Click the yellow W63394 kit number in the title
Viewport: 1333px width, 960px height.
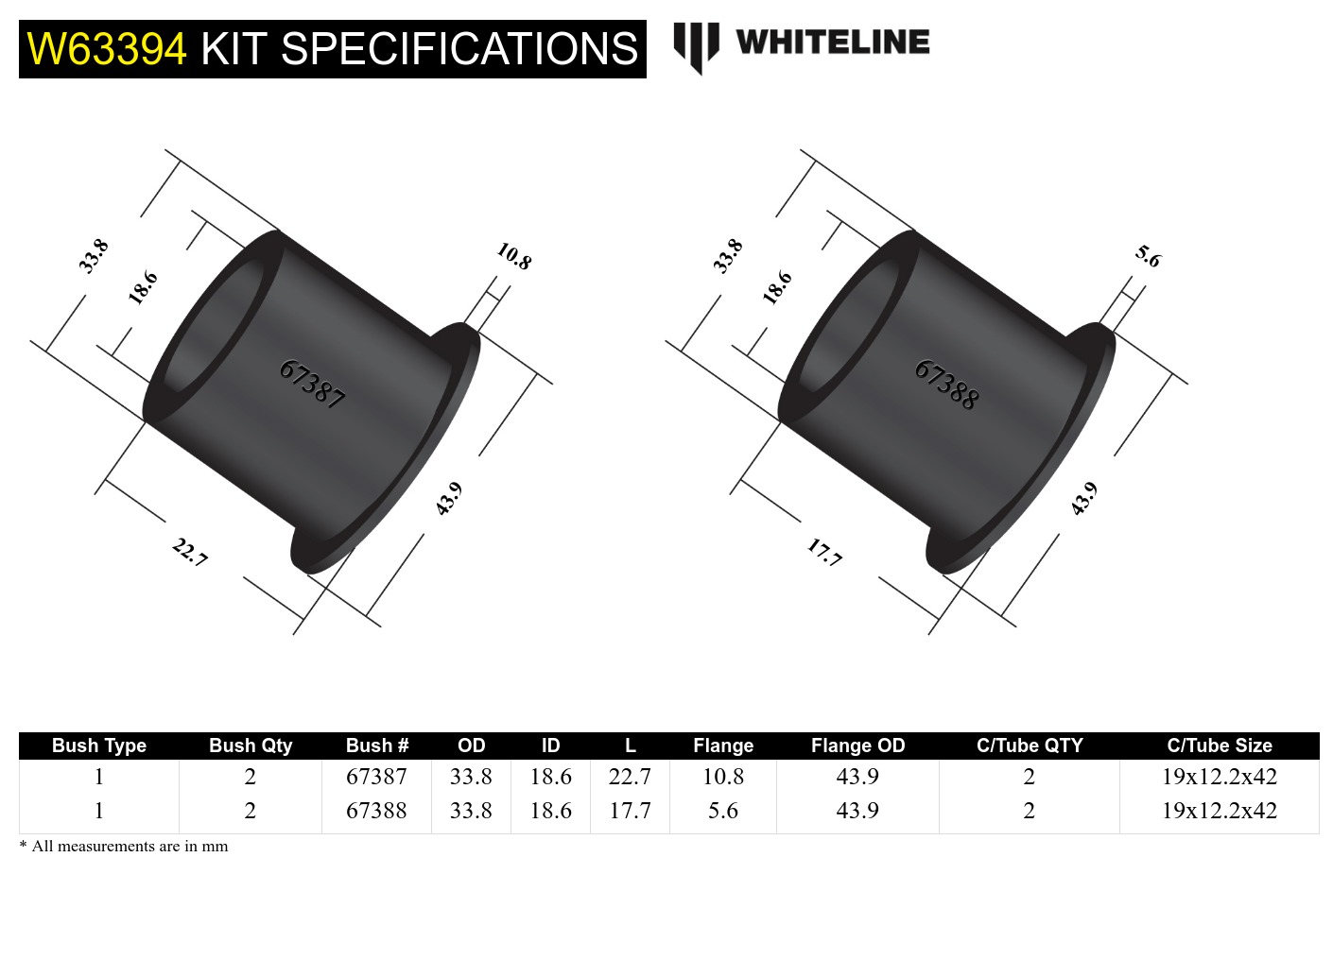pos(107,49)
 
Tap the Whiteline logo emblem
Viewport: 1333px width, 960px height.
pos(696,45)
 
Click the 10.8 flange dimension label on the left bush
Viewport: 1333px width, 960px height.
pos(514,256)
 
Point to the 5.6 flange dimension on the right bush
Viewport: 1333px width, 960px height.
pos(1148,256)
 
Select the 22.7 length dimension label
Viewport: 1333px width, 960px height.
pos(190,552)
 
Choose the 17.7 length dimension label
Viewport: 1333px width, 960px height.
pos(824,552)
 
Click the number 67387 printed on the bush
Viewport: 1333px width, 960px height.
pos(312,384)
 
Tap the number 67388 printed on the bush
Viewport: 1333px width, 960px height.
pos(946,385)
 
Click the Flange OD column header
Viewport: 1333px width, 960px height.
pos(857,746)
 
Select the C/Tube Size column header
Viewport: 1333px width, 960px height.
pos(1219,746)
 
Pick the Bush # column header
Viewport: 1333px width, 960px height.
pos(376,746)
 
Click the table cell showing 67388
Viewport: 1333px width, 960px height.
pos(376,811)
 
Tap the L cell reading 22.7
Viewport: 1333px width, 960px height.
pos(630,777)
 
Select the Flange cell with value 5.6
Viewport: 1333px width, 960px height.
pos(723,811)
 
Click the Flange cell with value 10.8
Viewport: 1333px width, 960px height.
pos(723,777)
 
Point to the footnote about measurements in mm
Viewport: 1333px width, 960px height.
pos(124,847)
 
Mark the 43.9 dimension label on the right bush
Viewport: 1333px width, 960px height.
pos(1083,499)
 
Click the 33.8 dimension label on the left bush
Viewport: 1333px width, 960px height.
pos(94,256)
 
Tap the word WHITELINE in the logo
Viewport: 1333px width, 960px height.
pos(833,43)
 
